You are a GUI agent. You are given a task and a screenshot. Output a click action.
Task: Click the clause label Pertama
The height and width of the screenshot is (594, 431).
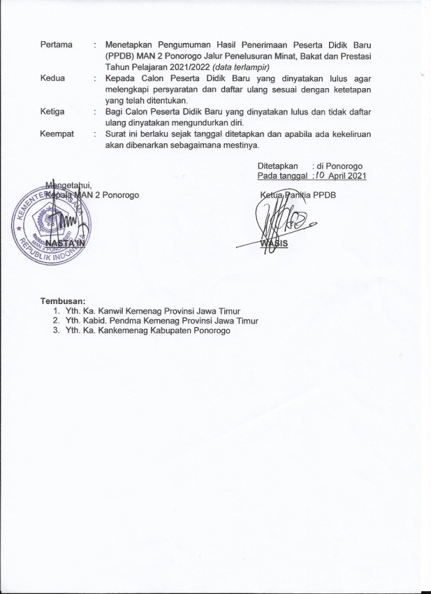(56, 45)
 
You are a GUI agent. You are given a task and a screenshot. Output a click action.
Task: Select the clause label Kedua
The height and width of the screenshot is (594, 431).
(53, 78)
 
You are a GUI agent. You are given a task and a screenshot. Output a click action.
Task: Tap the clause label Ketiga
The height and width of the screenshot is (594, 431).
(53, 111)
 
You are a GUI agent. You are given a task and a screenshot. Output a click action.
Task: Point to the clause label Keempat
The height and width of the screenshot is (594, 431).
(57, 133)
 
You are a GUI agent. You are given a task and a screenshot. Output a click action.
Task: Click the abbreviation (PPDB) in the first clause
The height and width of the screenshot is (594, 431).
(120, 56)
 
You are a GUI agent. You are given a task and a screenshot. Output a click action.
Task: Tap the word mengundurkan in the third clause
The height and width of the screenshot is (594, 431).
(200, 122)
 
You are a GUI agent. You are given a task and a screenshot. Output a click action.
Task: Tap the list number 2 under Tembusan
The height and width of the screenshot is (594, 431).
(55, 320)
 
